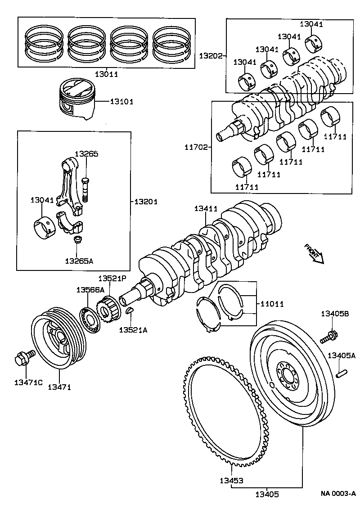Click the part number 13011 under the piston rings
coord(106,74)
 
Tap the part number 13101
coord(121,102)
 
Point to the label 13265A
coord(79,260)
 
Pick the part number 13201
coord(146,202)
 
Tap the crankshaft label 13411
coord(206,209)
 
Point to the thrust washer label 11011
coord(272,304)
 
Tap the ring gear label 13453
coord(231,480)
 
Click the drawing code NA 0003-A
coord(338,494)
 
